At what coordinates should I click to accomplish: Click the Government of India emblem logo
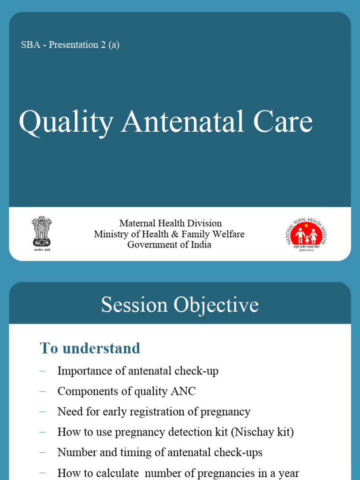(x=41, y=232)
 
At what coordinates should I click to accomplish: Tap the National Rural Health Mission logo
(x=307, y=233)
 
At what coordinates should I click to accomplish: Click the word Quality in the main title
(x=66, y=122)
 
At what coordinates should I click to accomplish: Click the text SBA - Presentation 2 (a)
(x=70, y=45)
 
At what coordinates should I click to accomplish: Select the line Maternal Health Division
(x=170, y=223)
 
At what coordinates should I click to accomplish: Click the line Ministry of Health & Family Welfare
(x=169, y=234)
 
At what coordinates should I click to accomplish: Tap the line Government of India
(x=169, y=245)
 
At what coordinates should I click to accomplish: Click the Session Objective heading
(x=180, y=305)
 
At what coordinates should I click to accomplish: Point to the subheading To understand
(x=90, y=348)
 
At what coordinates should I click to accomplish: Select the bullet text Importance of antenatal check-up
(x=138, y=371)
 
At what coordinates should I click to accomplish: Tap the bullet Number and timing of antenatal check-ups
(x=160, y=453)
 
